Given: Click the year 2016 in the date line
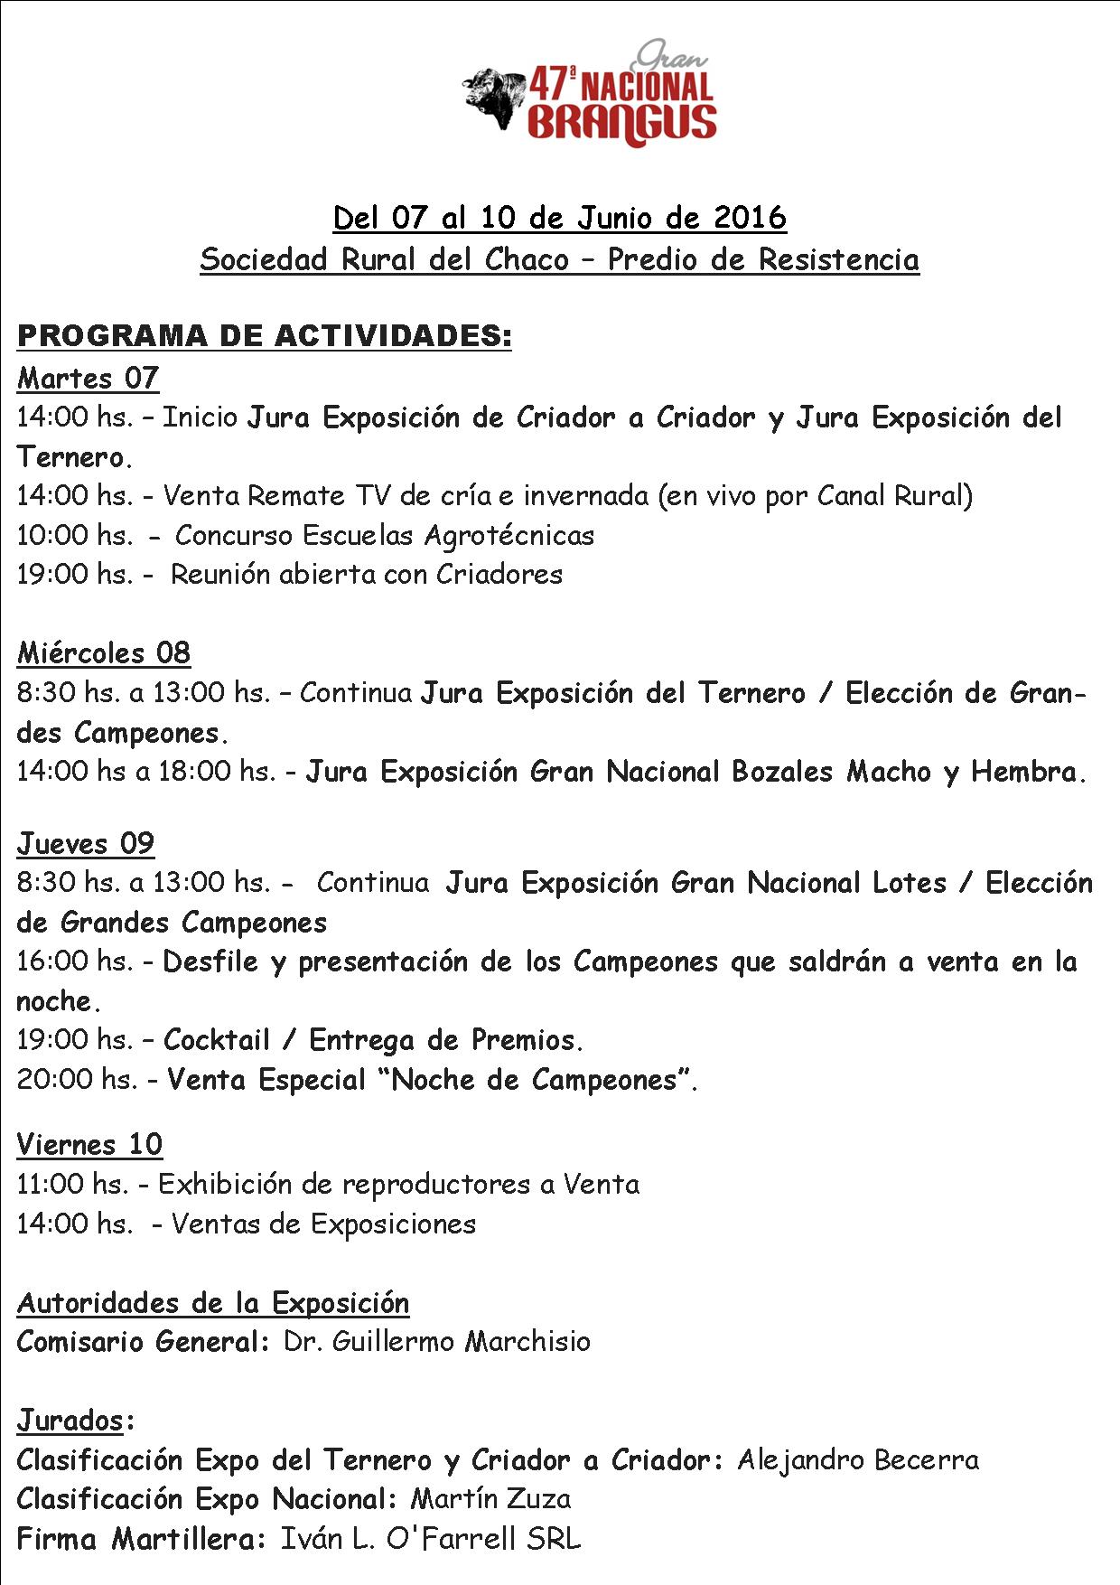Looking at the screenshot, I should point(750,218).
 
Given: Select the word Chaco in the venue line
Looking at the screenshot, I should point(527,259).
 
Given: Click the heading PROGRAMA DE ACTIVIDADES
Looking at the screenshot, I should point(264,336).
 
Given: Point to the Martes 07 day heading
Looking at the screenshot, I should point(88,378).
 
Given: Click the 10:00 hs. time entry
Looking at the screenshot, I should point(75,535).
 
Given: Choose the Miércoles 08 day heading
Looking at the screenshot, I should point(103,652).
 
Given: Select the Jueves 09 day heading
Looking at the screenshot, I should point(86,843).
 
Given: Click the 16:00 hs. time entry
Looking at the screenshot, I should point(75,961).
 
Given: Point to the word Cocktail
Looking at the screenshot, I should point(217,1040).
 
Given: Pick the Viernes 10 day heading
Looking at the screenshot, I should point(89,1144).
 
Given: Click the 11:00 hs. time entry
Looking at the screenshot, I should point(74,1184).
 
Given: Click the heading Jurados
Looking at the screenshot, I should point(70,1421).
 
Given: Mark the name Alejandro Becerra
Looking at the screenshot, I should point(858,1459).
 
